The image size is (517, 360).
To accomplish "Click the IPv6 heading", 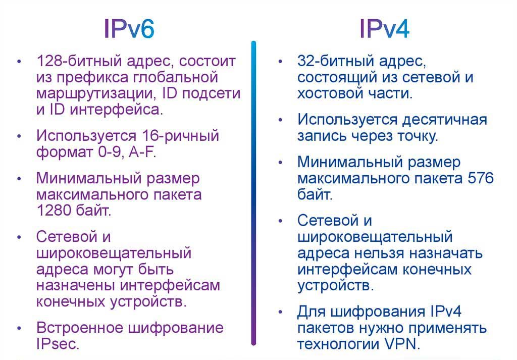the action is click(x=129, y=29).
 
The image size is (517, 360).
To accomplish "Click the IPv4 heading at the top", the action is click(x=384, y=29).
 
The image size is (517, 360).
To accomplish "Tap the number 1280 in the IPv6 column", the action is click(x=53, y=211).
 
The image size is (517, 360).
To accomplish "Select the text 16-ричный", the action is click(x=180, y=136).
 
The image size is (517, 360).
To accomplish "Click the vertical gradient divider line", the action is click(x=253, y=193).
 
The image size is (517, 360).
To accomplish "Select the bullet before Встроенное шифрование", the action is click(x=20, y=328).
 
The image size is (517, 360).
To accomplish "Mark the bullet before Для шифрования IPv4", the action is click(x=280, y=312).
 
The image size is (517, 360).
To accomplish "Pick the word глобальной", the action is click(x=176, y=77).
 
